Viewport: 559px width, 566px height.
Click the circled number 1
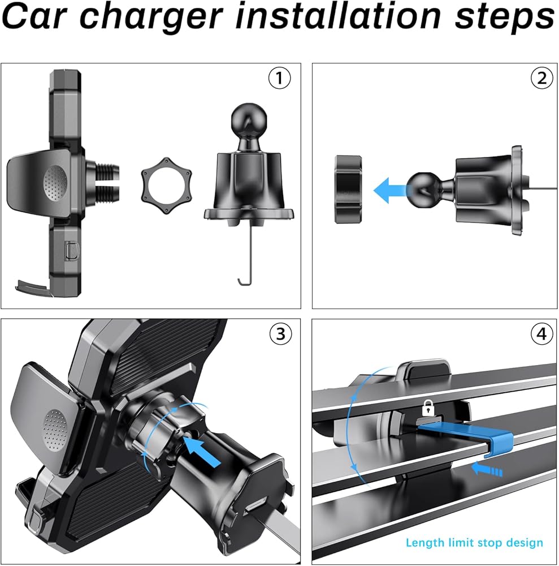point(279,78)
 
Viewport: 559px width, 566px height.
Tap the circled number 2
point(541,78)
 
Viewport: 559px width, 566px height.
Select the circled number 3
point(280,334)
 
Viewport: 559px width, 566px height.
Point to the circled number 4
point(541,334)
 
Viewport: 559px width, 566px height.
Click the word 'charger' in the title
point(151,16)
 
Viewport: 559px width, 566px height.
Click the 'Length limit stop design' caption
point(474,543)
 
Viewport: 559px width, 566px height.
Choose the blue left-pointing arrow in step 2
point(391,190)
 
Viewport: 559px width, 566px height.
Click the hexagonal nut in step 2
point(348,189)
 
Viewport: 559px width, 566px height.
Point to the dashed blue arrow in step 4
point(487,469)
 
